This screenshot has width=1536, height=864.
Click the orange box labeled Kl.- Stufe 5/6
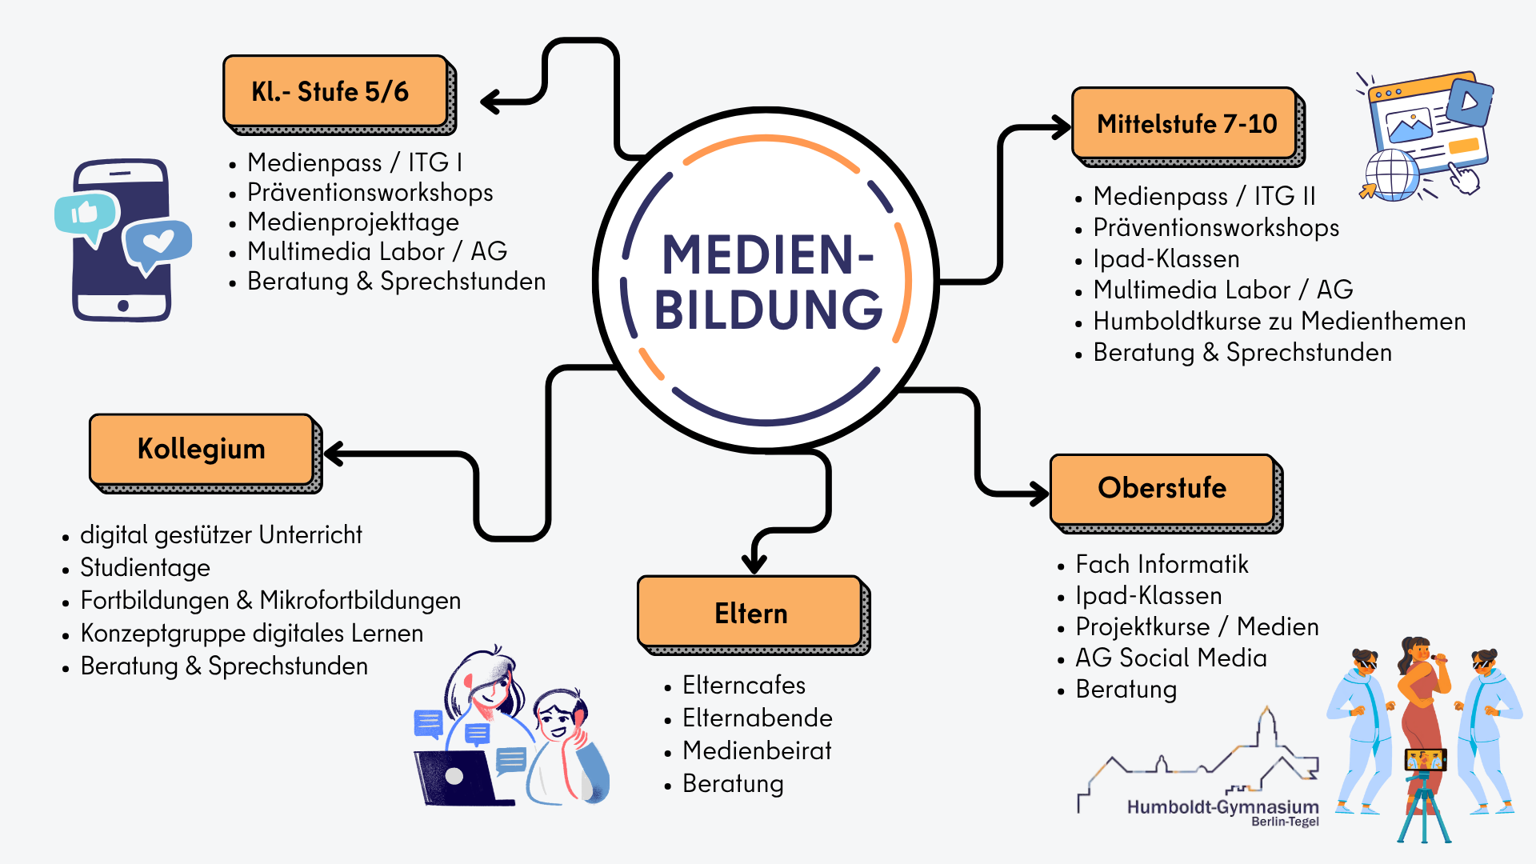coord(335,91)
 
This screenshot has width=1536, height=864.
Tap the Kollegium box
coord(201,449)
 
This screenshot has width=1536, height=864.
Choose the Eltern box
coord(750,612)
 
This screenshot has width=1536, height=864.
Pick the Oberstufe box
coord(1162,488)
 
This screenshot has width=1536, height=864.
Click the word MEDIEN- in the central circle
coord(767,255)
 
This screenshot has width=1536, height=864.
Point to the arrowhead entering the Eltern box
coord(754,562)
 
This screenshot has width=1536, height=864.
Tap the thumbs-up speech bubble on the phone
coord(86,214)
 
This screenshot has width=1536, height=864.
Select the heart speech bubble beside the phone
coord(158,242)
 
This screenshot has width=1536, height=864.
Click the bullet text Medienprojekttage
coord(353,222)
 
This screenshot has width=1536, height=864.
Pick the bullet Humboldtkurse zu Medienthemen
coord(1278,321)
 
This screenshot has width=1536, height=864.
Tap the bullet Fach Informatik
coord(1162,564)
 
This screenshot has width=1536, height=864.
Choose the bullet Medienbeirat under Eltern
coord(757,750)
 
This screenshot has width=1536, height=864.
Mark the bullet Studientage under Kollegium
coord(145,567)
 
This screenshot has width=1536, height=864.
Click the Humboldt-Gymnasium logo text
coord(1222,807)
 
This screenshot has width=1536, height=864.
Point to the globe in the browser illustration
coord(1392,174)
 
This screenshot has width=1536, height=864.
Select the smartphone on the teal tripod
coord(1425,759)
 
